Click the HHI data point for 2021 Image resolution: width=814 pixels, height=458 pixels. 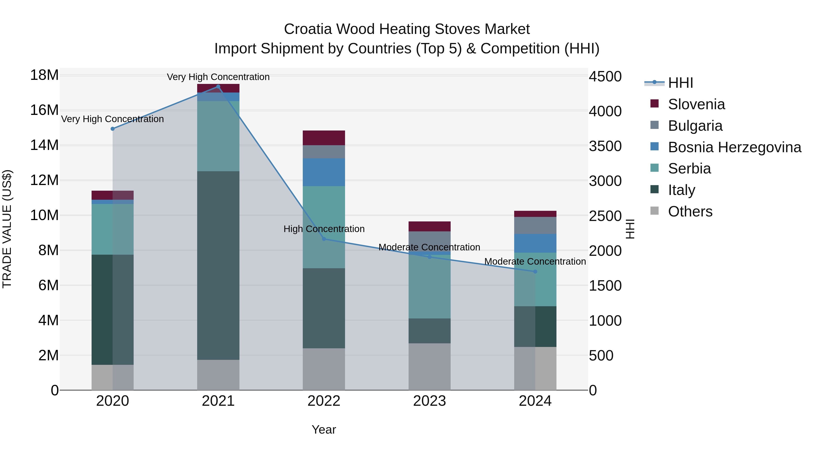218,87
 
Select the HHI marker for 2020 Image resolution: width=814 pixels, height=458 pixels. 113,129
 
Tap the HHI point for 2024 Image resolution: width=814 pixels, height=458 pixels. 535,271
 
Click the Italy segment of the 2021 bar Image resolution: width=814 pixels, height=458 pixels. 218,266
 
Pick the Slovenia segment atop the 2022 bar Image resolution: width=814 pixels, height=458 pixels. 324,138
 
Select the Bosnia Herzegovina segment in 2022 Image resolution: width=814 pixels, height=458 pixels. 324,172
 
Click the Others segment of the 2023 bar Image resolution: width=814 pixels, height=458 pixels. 429,367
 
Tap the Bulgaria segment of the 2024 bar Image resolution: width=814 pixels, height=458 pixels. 535,225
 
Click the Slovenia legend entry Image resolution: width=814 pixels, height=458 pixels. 696,104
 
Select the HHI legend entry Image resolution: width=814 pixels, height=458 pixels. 680,83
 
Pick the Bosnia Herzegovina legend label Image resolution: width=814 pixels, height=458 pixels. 734,147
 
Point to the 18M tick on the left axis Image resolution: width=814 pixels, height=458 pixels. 44,75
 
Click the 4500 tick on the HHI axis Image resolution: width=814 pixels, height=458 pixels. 605,76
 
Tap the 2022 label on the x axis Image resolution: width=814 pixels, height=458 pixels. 324,401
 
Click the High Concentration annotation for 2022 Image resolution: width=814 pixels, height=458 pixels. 324,229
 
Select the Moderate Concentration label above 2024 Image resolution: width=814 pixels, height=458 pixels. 535,261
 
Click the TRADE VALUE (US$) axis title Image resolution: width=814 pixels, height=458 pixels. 7,229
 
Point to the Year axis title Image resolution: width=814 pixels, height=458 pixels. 324,430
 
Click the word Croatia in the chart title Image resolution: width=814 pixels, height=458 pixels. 308,29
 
